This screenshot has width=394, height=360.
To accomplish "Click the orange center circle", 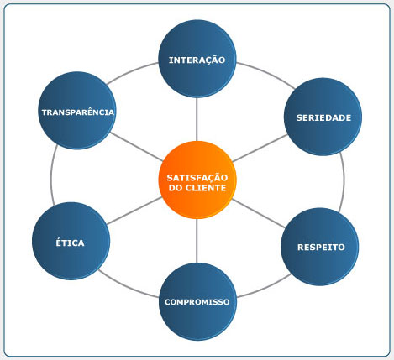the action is tap(197, 180).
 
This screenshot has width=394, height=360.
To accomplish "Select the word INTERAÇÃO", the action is tap(197, 60).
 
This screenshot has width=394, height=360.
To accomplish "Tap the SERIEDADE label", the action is tap(323, 117).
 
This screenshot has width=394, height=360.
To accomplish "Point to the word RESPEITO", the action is tap(321, 248).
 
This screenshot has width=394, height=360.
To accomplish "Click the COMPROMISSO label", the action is tap(197, 302).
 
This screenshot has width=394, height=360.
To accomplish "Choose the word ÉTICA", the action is tap(70, 243).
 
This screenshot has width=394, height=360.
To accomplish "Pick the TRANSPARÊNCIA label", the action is tap(78, 112).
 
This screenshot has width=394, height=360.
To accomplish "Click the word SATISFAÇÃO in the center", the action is tap(197, 178).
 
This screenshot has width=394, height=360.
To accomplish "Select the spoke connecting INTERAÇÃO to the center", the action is tap(197, 119).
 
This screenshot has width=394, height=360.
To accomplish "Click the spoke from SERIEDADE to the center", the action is tap(260, 148).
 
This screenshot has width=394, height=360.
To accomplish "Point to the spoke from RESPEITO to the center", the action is tap(259, 213).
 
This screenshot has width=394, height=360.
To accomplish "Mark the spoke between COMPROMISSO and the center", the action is tap(197, 241).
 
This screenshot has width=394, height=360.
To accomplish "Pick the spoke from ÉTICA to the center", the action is tap(134, 211).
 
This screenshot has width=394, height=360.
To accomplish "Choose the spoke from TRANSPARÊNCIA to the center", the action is tap(136, 147).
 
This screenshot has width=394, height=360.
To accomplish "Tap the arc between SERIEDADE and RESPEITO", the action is tap(344, 182).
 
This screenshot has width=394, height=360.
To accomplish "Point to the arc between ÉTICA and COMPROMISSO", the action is tap(128, 286).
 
